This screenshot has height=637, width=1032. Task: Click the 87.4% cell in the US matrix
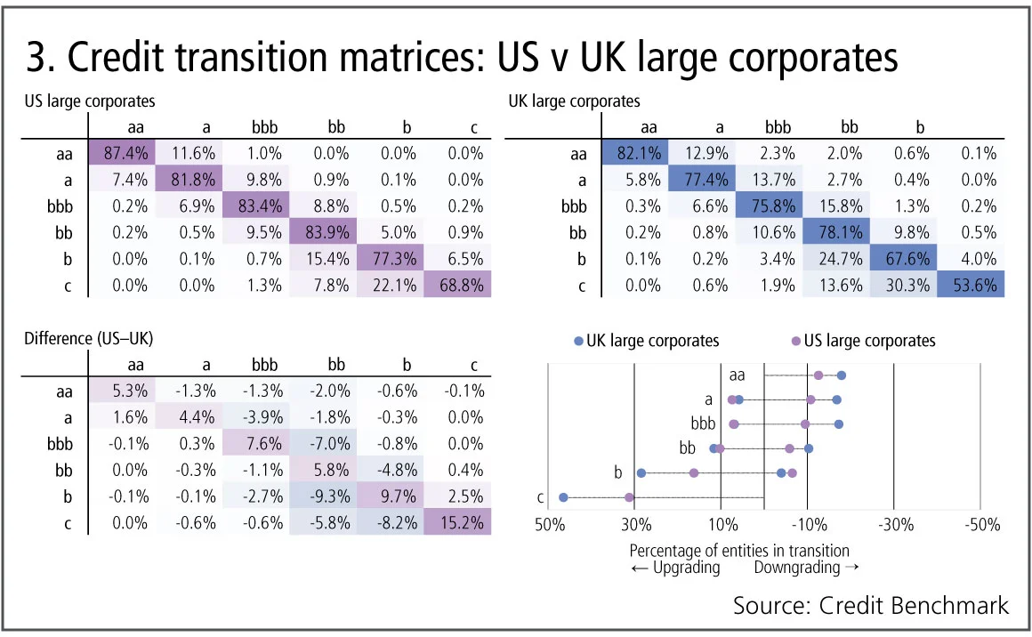tap(124, 152)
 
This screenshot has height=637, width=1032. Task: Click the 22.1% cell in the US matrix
tap(391, 286)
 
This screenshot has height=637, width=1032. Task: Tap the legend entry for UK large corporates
tap(647, 340)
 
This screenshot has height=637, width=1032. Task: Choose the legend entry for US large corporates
tap(863, 340)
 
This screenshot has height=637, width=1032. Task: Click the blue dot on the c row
tap(563, 497)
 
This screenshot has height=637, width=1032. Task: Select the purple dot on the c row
tap(630, 497)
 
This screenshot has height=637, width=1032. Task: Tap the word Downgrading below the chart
tap(797, 568)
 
